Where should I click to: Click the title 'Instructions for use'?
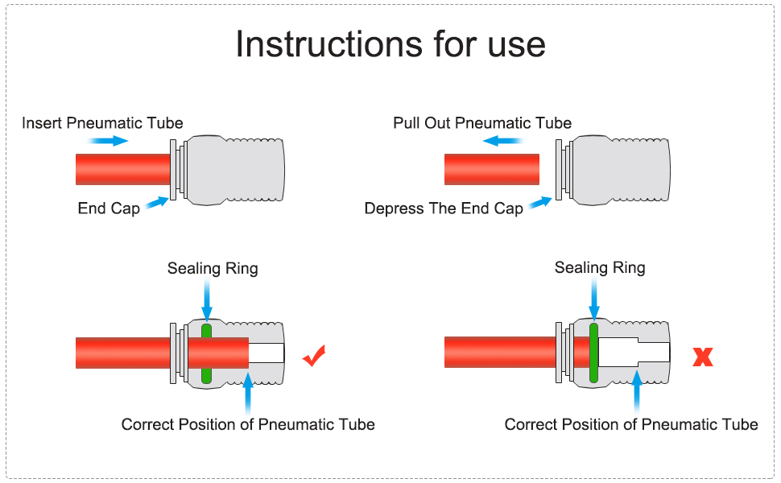[390, 44]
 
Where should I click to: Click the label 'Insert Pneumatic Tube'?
[102, 123]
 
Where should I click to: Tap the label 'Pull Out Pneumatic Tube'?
[482, 123]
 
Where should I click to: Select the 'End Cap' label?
[109, 208]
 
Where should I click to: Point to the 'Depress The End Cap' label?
[444, 208]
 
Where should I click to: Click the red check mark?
[314, 355]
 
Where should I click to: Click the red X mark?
[703, 357]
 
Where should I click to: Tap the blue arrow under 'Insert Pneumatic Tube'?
[108, 141]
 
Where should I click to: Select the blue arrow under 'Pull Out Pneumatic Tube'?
[500, 141]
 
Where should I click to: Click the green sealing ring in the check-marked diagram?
[206, 353]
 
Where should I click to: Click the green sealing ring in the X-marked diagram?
[594, 353]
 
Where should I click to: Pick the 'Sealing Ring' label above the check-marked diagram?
[213, 268]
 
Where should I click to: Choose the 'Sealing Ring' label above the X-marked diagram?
[600, 267]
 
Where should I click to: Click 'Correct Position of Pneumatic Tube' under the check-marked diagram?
[248, 423]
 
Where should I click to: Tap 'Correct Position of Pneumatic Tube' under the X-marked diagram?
[631, 423]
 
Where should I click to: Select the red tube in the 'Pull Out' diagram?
[491, 169]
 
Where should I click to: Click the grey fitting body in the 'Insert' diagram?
[233, 169]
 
